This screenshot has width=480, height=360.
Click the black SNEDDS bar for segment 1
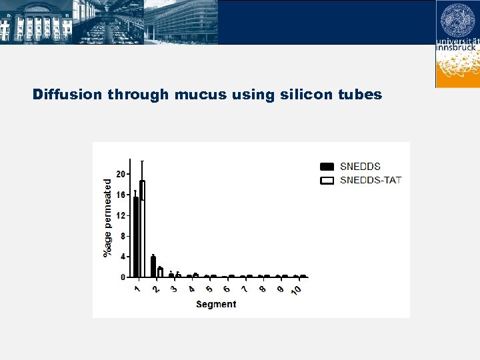tap(136, 237)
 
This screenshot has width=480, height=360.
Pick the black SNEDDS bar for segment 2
tap(153, 267)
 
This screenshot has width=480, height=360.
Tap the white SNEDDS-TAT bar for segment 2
tap(160, 272)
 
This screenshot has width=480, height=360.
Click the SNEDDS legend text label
tap(360, 167)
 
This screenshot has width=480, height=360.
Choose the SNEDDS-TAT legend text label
tap(371, 180)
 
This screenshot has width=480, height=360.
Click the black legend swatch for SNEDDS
tap(327, 167)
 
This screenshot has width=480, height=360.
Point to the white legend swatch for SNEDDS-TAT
tap(327, 180)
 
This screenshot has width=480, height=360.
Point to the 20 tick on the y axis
tap(121, 174)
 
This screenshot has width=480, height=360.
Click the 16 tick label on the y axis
tap(121, 195)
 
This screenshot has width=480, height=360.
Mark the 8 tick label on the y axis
tap(123, 236)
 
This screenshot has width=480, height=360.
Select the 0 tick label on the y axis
tap(123, 277)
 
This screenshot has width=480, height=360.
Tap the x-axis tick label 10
tap(296, 289)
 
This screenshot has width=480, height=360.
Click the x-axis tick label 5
tap(209, 289)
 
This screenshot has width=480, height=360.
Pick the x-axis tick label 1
tap(137, 289)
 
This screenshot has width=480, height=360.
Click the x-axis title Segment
tap(216, 304)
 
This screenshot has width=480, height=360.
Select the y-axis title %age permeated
tap(108, 217)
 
